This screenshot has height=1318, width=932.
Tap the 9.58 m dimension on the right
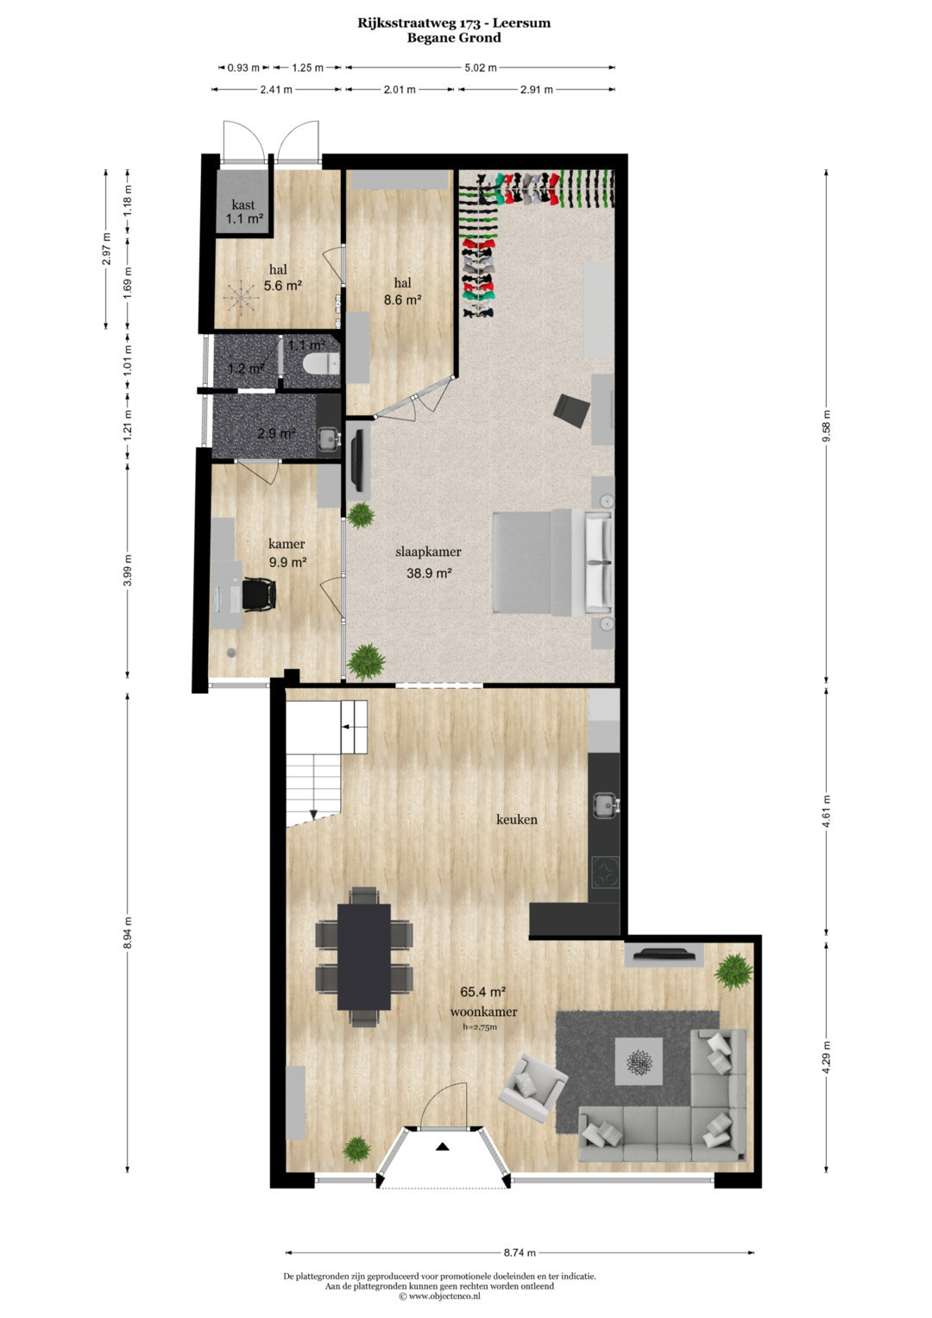(x=827, y=426)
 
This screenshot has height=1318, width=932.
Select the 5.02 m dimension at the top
(x=481, y=67)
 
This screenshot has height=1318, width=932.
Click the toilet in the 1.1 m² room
(x=321, y=364)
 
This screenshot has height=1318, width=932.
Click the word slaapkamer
(x=428, y=552)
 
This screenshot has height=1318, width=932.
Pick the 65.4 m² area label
(x=483, y=992)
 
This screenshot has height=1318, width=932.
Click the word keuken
(x=517, y=820)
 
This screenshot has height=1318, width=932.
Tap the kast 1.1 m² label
(x=243, y=211)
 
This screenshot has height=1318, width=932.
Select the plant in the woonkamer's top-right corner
(x=734, y=972)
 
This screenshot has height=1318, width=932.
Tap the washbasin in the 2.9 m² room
(x=328, y=438)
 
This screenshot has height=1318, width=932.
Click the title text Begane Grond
(x=454, y=38)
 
